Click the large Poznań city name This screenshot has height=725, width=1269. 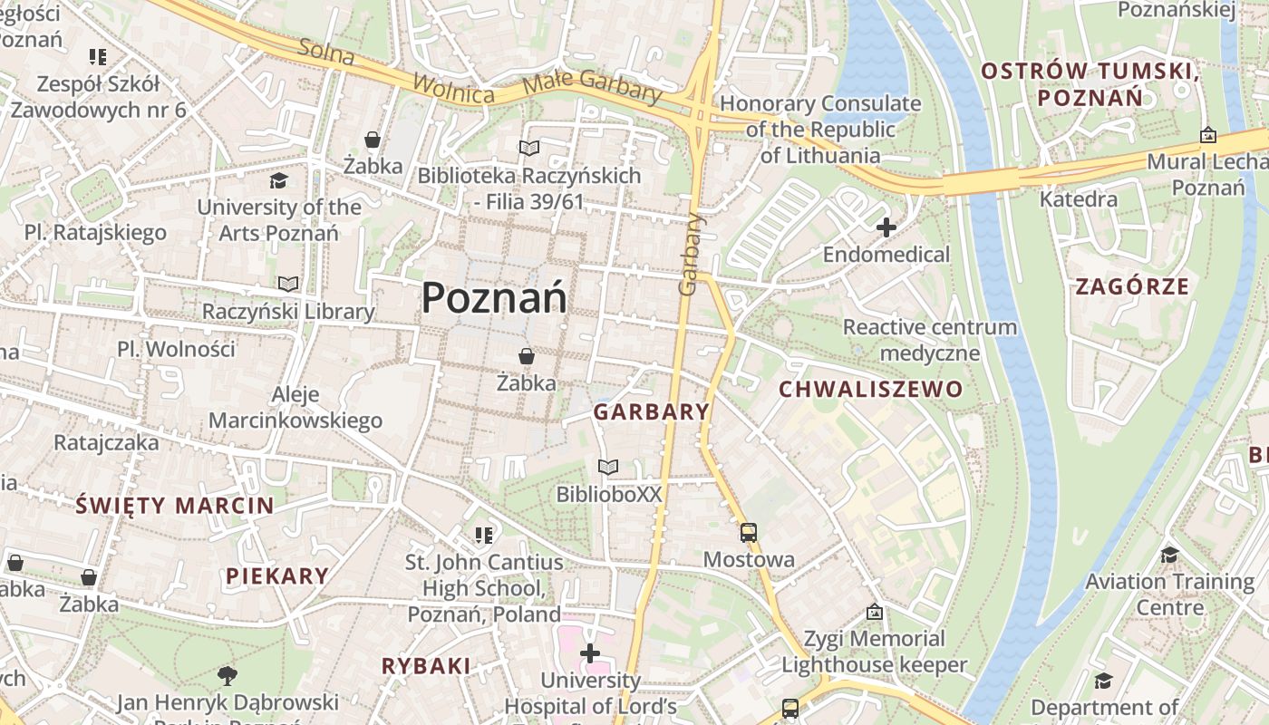tap(494, 298)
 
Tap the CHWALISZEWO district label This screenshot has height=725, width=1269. tap(871, 390)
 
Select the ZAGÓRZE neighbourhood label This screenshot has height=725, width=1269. tap(1131, 287)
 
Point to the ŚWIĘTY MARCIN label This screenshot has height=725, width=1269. tap(175, 506)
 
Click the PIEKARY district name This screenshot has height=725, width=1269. tap(277, 575)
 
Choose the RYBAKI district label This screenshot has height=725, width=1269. tap(426, 666)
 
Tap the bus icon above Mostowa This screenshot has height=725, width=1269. tap(749, 533)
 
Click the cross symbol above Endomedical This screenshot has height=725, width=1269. tap(886, 227)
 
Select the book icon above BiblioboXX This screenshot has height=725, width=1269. tap(608, 468)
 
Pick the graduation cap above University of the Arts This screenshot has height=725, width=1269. tap(278, 181)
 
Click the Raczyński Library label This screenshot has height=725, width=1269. tap(288, 312)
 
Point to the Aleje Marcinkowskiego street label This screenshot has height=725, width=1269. tap(295, 407)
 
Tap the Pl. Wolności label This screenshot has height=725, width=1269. tap(176, 349)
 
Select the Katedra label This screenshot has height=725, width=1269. tap(1079, 198)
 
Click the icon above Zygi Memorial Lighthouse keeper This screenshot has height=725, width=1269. tap(874, 613)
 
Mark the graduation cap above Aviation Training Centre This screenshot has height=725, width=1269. tap(1169, 555)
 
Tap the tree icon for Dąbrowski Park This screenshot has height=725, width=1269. tap(227, 675)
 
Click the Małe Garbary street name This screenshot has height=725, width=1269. tap(593, 87)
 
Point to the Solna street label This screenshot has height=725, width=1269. tap(325, 53)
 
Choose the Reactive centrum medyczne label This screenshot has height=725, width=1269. tap(930, 339)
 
